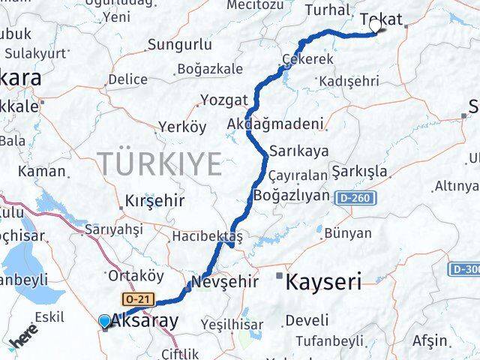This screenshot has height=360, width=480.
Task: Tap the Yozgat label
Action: coord(223,100)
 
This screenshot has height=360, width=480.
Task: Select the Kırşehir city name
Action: coord(154,201)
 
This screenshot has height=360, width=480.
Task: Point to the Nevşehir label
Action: coord(225,283)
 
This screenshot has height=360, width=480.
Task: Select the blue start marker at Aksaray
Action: coord(104,322)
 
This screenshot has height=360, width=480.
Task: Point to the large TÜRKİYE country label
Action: coord(160,162)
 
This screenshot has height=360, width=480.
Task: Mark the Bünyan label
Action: coord(348,233)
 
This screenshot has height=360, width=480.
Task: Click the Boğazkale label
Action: coord(209,70)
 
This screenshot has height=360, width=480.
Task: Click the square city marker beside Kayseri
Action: coord(280,276)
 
